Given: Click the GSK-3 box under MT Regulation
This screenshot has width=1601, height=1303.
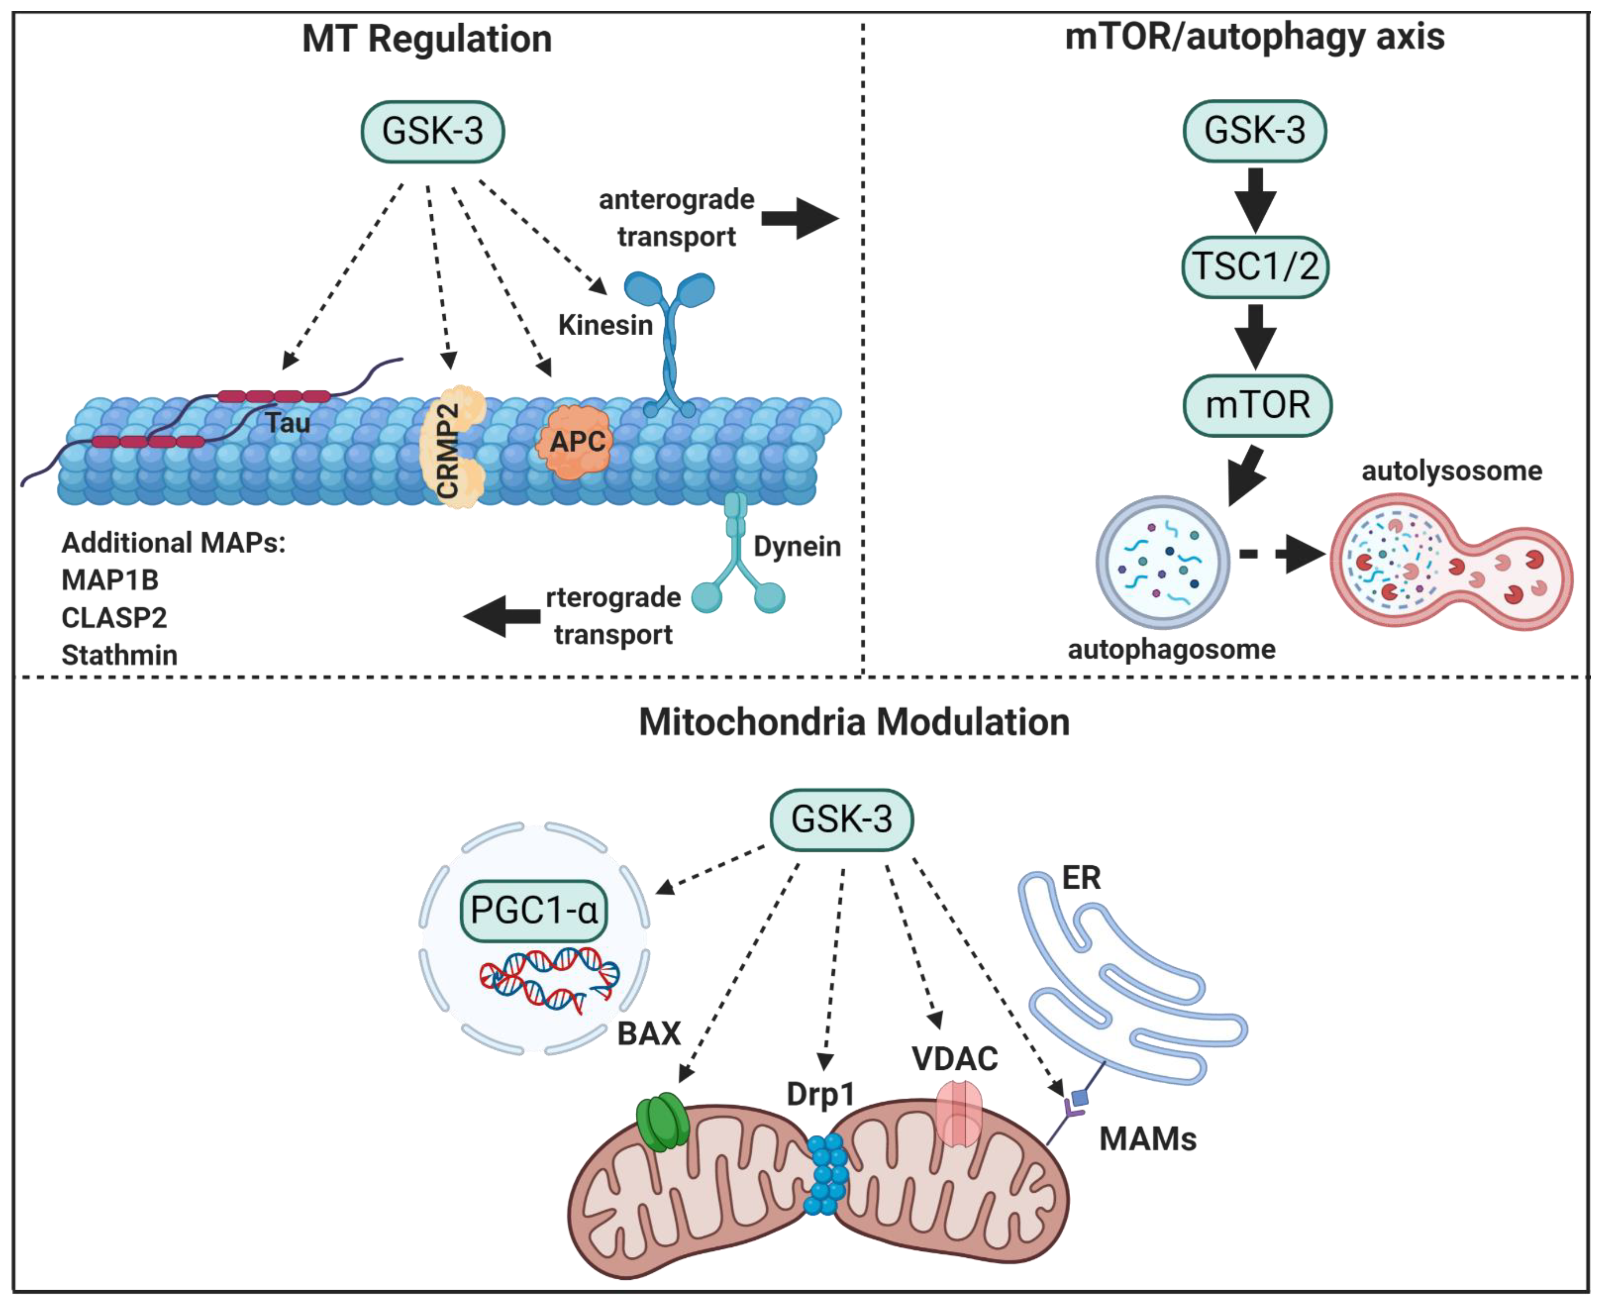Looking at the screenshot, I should (x=432, y=131).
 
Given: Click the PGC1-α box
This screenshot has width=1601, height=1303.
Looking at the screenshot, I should (x=533, y=910).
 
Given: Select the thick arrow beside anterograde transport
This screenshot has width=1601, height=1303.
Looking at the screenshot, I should (x=799, y=218).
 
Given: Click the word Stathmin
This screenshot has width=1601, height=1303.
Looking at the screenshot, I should (x=120, y=655).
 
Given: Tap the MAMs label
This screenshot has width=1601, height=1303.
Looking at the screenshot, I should (x=1147, y=1138).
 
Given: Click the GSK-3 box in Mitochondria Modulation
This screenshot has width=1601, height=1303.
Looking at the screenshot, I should (x=841, y=819).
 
